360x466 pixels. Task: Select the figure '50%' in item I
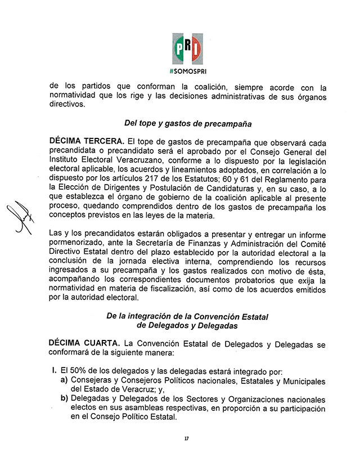point(82,372)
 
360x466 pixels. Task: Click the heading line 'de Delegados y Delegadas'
point(187,325)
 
